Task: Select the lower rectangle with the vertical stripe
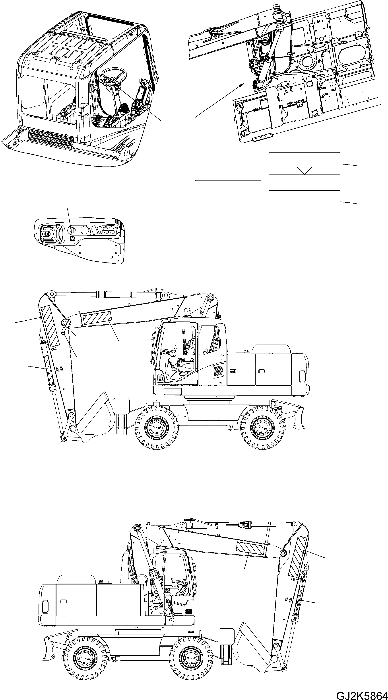[x=304, y=201]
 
